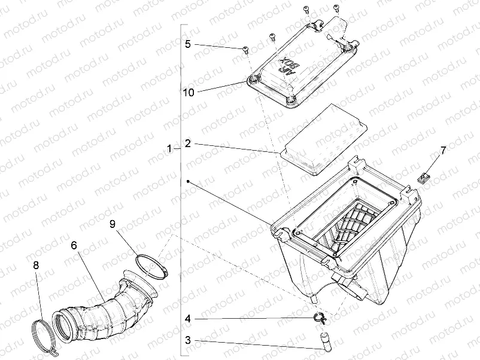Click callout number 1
(171, 148)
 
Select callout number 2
(188, 144)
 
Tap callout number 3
(188, 340)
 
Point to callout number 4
(188, 319)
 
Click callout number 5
(188, 44)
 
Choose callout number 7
(443, 151)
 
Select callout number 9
(112, 224)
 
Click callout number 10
(189, 92)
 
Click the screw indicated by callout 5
(245, 50)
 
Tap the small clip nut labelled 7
(424, 177)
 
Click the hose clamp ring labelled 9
(150, 265)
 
